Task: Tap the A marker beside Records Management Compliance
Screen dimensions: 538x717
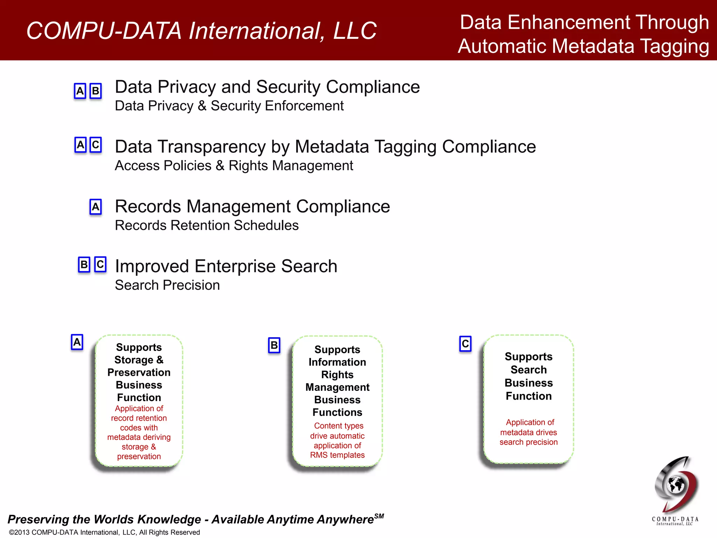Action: pyautogui.click(x=96, y=207)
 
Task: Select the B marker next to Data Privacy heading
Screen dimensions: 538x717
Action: pyautogui.click(x=96, y=91)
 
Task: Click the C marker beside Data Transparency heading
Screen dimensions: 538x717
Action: pyautogui.click(x=96, y=145)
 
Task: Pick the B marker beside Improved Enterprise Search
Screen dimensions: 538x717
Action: pyautogui.click(x=84, y=264)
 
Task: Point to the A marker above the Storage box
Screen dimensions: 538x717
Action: pyautogui.click(x=77, y=342)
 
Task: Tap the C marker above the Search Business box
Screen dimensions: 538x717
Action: pyautogui.click(x=465, y=344)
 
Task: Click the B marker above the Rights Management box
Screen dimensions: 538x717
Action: pyautogui.click(x=274, y=345)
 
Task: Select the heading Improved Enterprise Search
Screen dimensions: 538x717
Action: pyautogui.click(x=226, y=266)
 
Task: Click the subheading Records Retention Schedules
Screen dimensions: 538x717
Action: pyautogui.click(x=207, y=225)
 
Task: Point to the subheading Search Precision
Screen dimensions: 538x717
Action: pyautogui.click(x=167, y=285)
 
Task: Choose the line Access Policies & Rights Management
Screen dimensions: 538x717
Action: pyautogui.click(x=234, y=166)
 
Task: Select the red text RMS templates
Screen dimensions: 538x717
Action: pyautogui.click(x=337, y=455)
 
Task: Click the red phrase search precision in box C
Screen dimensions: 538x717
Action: pyautogui.click(x=528, y=442)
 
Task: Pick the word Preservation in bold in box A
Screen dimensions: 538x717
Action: pyautogui.click(x=139, y=372)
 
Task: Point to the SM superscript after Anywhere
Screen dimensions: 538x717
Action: pyautogui.click(x=379, y=516)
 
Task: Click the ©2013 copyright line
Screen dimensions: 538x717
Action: pyautogui.click(x=104, y=532)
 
